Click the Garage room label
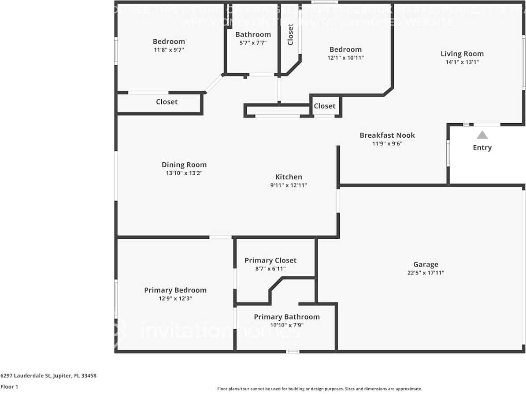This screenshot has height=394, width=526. pos(426,264)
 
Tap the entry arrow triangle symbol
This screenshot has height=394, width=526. pos(482,135)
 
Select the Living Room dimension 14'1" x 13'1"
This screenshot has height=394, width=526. pos(462,62)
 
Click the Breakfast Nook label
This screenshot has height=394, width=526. pos(387,135)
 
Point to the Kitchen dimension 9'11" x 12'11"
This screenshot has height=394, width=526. pos(289,185)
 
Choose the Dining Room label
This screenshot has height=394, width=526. pos(184,165)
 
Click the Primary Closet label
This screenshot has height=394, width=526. pos(270,260)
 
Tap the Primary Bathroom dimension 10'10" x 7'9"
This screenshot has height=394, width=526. pos(287,325)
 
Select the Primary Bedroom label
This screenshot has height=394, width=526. pos(175,290)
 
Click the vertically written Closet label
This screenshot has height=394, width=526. pos(290,34)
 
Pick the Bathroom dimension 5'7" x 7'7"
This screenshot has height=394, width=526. pos(253,43)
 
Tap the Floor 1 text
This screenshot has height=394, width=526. pos(9,386)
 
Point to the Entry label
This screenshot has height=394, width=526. pos(482,147)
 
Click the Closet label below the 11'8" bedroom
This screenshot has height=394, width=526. pos(167,102)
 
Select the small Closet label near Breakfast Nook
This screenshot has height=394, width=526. pos(325,106)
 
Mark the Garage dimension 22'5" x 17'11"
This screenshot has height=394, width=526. pos(426,273)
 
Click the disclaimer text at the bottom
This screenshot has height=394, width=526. pos(319,389)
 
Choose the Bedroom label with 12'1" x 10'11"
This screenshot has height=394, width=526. pos(345,49)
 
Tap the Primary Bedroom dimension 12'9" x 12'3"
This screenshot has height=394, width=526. pos(175,298)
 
